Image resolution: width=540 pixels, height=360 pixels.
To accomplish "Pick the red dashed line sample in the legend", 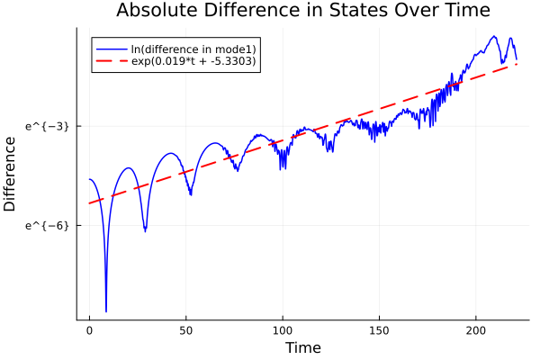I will (111, 62).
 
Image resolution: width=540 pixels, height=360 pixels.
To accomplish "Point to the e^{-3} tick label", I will (48, 126).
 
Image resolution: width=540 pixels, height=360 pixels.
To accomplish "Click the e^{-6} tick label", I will (48, 225).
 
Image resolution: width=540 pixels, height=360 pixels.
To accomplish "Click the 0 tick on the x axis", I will (89, 331).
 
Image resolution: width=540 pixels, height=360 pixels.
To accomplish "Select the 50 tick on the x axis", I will (186, 331).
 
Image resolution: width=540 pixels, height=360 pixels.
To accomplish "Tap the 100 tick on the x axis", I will (283, 331).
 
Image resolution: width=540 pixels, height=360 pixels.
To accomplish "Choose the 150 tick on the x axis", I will (379, 331).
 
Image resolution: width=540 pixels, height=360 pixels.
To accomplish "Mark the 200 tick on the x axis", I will (475, 331).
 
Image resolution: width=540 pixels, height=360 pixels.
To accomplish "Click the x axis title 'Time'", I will (302, 347).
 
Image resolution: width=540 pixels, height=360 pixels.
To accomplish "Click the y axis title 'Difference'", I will (11, 174).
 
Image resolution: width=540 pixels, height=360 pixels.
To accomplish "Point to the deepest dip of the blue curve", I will (106, 311).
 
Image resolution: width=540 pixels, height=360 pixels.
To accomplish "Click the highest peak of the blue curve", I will (494, 36).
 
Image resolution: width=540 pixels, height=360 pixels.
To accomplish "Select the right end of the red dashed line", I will (517, 64).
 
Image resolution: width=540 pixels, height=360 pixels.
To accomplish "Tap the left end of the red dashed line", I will (89, 203).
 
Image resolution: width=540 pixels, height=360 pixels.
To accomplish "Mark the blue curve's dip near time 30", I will (145, 231).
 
